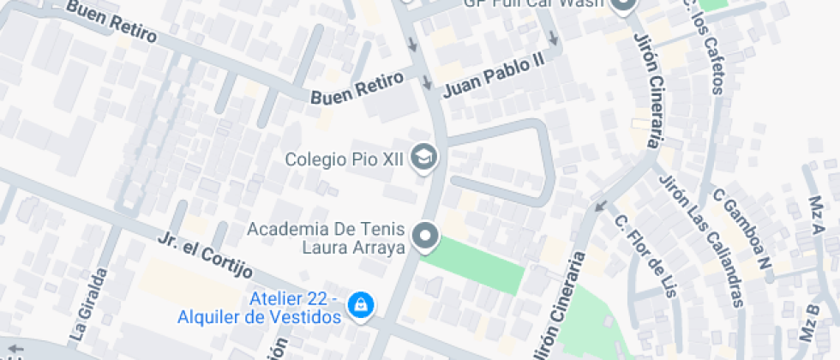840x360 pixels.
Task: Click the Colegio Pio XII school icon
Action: [x=424, y=157]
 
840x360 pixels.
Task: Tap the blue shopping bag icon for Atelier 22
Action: [x=362, y=303]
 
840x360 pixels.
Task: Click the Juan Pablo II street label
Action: [x=494, y=76]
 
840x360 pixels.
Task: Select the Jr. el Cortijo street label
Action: [x=205, y=255]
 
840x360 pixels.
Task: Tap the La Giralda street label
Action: [x=88, y=304]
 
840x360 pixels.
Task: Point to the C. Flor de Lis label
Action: [x=645, y=255]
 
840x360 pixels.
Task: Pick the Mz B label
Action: [x=810, y=321]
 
